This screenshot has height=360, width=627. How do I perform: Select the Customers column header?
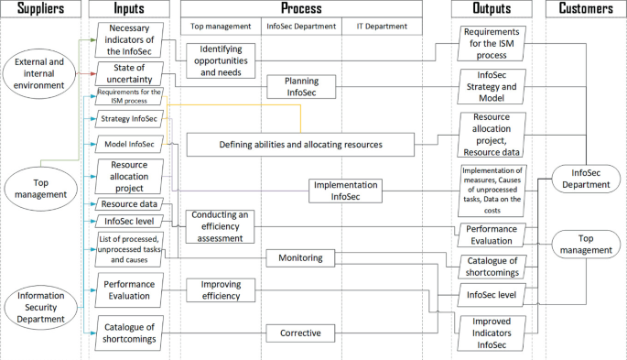586,9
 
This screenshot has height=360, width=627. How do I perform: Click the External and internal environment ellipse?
38,73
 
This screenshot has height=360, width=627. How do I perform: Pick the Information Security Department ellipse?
38,306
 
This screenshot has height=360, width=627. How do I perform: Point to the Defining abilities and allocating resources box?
300,144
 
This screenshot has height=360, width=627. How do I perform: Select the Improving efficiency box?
219,289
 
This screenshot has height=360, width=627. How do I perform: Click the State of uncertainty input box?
129,72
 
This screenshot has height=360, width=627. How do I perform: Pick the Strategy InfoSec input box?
130,119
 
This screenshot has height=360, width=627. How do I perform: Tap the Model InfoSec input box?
129,144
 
